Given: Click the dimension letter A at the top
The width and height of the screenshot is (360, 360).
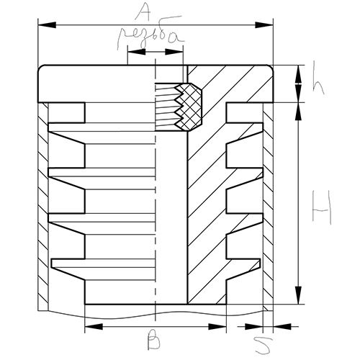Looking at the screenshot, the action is click(143, 12).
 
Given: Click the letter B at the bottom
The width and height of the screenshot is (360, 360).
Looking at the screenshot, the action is click(154, 340).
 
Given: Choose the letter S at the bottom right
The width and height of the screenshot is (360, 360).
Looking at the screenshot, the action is click(264, 345).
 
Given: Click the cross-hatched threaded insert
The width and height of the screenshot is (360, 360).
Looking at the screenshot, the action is click(189, 107).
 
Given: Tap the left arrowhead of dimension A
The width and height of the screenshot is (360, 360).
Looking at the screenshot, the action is click(47, 25).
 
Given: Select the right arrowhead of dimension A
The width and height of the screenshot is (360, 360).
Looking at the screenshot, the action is click(264, 25).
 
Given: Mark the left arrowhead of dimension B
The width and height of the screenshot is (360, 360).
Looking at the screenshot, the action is click(94, 326).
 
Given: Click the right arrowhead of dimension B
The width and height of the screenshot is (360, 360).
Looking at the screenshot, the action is click(217, 326).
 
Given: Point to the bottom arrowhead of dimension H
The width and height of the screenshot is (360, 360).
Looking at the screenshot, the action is click(298, 295).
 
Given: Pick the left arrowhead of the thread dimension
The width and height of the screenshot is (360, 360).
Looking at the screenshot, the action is click(137, 52).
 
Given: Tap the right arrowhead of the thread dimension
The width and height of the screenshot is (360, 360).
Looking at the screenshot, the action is click(174, 52).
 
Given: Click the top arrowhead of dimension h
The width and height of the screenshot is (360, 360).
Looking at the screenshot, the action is click(298, 74).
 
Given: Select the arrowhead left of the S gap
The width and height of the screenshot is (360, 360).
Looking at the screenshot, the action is click(253, 326).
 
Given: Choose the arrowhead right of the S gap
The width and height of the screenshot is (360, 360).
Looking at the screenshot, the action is click(282, 326).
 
